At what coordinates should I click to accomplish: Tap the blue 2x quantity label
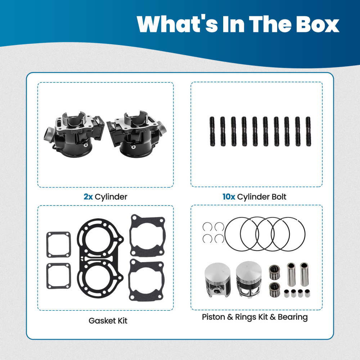tap(88, 197)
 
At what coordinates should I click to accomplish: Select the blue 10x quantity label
tap(229, 197)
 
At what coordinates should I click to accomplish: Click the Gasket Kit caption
tap(108, 321)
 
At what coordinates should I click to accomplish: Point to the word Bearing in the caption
tap(293, 317)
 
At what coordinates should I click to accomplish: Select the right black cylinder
tap(137, 134)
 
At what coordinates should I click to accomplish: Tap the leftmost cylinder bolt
tap(212, 131)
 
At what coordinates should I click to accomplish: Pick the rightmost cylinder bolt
tap(309, 131)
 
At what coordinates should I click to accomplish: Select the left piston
tap(218, 280)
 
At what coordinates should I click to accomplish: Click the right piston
tap(249, 279)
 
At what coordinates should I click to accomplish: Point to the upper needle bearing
tap(275, 272)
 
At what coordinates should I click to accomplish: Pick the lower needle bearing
tap(275, 289)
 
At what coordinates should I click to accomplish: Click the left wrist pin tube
tap(291, 274)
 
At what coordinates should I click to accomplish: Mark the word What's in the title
tap(177, 24)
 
